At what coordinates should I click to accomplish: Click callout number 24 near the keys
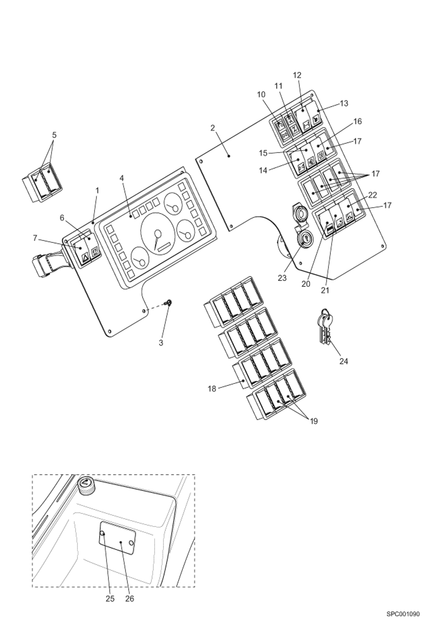[x=343, y=361]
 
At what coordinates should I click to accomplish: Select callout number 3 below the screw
[x=161, y=343]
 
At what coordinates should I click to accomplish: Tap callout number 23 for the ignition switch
[x=282, y=278]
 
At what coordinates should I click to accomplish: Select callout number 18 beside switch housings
[x=212, y=389]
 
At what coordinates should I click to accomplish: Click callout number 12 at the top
[x=297, y=75]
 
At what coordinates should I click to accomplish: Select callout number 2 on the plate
[x=212, y=128]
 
